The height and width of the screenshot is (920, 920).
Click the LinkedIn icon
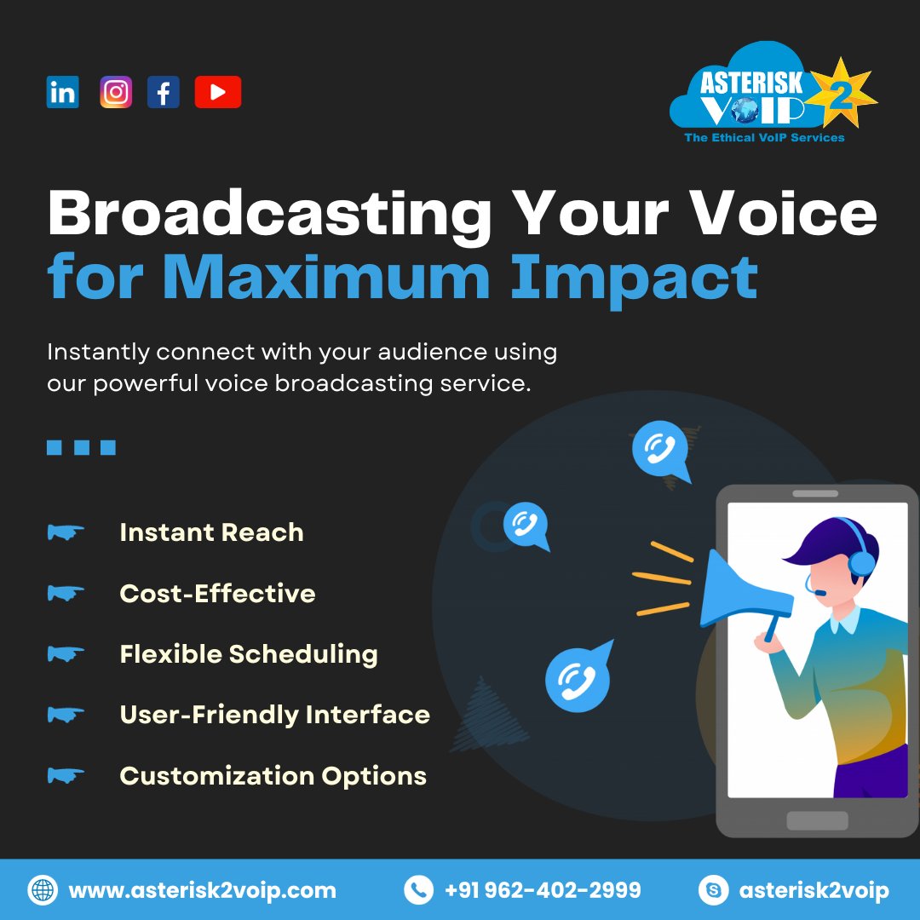tap(62, 92)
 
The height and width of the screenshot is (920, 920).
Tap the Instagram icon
tap(116, 92)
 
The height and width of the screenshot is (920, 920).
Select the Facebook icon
tap(164, 92)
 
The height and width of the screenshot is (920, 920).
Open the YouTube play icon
tap(217, 92)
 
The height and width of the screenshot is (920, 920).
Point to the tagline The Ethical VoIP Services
tap(764, 137)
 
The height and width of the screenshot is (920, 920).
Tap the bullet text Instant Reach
tap(211, 532)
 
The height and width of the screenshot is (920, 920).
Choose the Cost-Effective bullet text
tap(217, 593)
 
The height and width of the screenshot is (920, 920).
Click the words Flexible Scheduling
tap(249, 654)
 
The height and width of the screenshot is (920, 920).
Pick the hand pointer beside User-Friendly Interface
tap(66, 715)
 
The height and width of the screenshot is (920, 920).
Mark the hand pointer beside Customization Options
tap(66, 776)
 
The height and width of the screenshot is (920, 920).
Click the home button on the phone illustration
tap(817, 820)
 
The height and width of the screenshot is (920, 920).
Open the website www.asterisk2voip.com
tap(202, 891)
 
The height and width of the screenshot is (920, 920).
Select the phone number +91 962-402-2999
tap(543, 891)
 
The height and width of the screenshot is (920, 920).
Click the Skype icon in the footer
tap(713, 891)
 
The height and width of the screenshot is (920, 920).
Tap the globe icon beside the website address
tap(43, 891)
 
